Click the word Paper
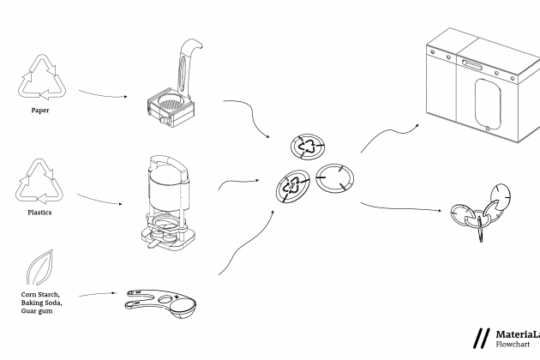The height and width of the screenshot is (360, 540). (40, 110)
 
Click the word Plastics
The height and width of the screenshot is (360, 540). (40, 212)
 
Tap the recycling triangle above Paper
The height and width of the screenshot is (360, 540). (39, 77)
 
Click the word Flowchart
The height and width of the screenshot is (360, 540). (512, 345)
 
